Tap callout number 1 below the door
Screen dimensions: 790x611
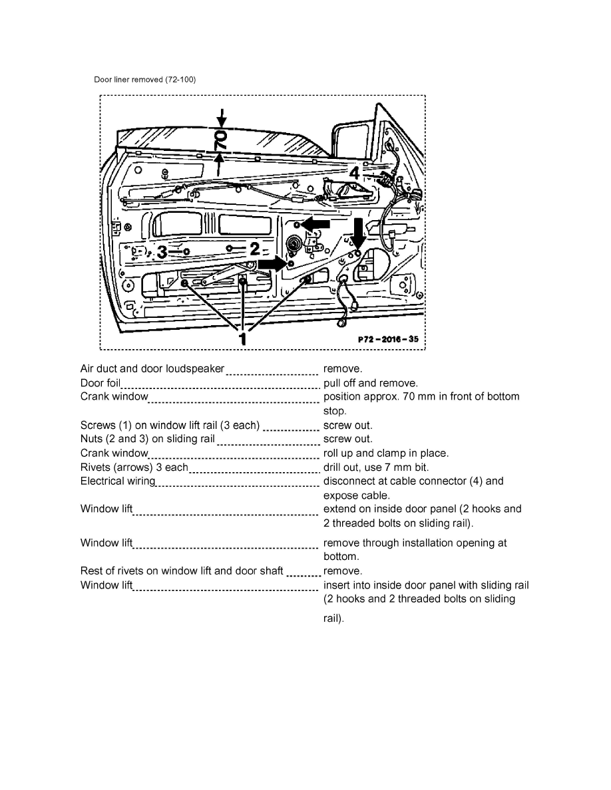pos(243,338)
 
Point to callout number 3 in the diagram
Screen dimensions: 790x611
pos(161,252)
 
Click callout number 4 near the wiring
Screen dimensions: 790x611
pos(355,172)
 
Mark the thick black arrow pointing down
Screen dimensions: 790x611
pos(358,233)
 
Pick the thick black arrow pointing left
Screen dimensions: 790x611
pos(315,225)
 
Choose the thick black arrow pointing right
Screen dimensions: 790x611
pos(272,264)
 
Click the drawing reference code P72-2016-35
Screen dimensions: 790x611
pos(388,338)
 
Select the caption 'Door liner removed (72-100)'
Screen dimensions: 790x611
pos(144,79)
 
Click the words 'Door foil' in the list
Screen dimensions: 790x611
pos(100,383)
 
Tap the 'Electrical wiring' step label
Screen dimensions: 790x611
pos(118,481)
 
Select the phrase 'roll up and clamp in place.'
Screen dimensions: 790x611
pos(386,454)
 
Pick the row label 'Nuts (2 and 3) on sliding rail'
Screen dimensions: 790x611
pos(148,439)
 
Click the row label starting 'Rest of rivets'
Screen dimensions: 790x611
pos(182,571)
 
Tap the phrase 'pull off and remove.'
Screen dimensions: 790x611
pos(371,383)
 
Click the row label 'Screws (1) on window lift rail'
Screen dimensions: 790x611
pos(170,425)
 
